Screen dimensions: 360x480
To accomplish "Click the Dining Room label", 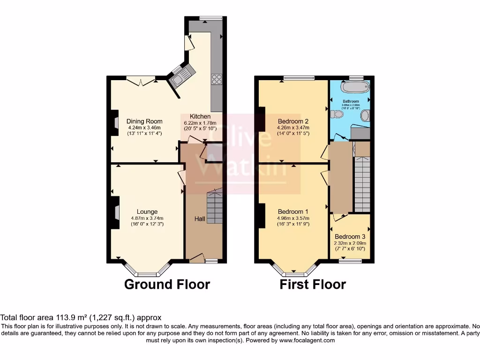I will pos(144,121).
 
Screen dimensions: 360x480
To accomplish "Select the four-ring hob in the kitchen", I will pos(217,80).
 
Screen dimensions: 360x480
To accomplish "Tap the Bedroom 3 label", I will pos(350,237).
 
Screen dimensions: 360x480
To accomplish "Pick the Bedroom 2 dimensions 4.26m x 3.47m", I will pos(293,127).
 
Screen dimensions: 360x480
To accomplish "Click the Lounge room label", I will pos(147,211).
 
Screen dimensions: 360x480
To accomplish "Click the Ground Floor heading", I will pos(167,284).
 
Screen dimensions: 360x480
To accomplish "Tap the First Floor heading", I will pos(313,284).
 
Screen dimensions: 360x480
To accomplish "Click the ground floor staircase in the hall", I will pos(215,206).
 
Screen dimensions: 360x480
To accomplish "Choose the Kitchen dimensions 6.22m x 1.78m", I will pos(200,122).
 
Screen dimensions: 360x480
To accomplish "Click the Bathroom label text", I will pos(351,101).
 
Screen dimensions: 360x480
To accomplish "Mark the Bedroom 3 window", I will pos(347,261).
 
